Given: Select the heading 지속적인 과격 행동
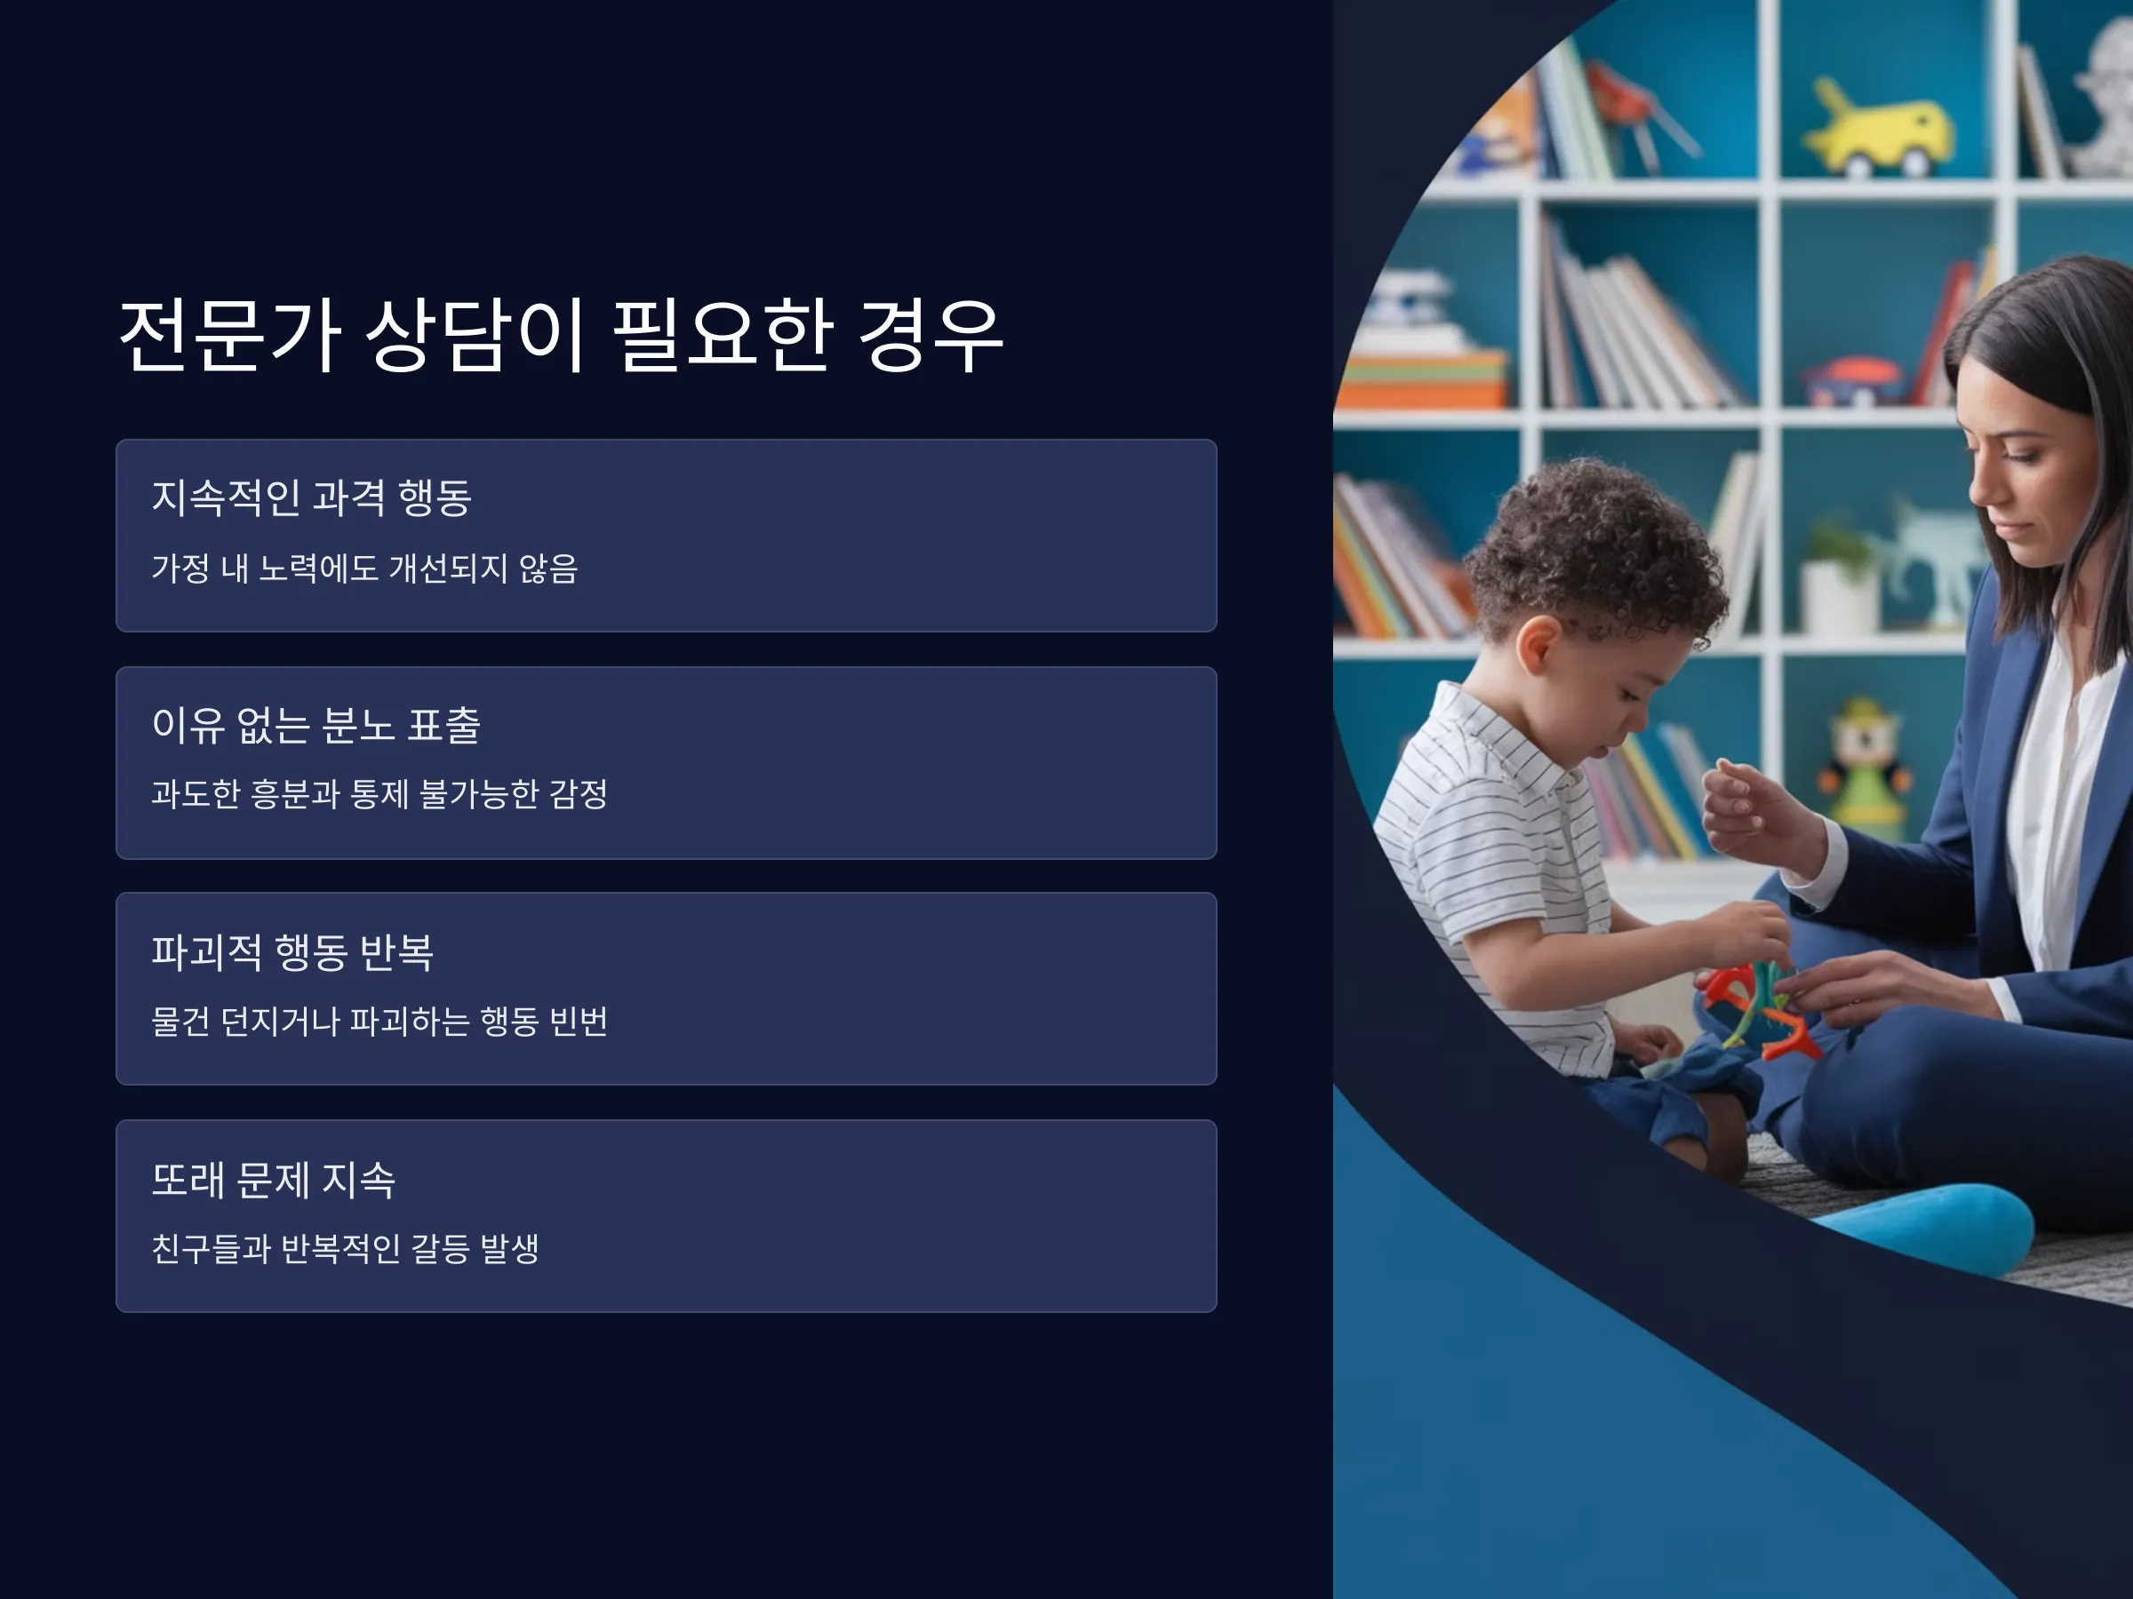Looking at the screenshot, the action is [311, 497].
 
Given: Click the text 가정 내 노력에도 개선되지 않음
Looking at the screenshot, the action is [364, 568].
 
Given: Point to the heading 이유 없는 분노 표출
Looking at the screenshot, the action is [316, 725].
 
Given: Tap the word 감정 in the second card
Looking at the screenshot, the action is [579, 793].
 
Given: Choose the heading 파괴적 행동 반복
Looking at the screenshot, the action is [293, 951].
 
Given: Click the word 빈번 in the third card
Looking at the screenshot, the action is [578, 1021].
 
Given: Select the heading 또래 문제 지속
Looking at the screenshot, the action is [274, 1179].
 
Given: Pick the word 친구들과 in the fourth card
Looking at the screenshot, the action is [211, 1248].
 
